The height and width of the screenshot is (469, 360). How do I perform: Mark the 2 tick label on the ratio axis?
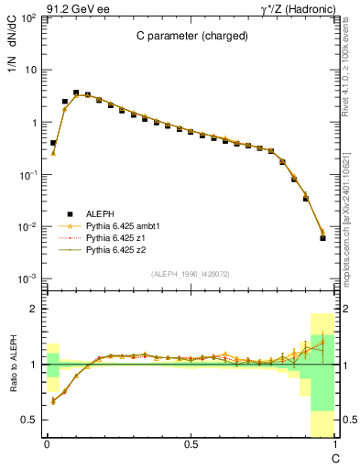click(33, 309)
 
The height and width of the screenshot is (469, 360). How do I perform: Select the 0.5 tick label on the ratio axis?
click(29, 420)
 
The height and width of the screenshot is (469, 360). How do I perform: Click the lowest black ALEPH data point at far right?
click(322, 238)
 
